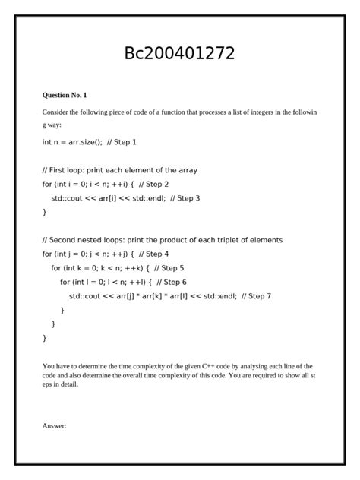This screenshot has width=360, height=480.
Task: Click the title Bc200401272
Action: tap(179, 54)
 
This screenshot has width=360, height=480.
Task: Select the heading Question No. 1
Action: tap(65, 95)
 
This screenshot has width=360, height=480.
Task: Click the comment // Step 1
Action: tap(122, 142)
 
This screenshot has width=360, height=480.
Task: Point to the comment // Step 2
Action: tap(154, 184)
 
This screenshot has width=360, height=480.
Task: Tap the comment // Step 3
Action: tap(185, 198)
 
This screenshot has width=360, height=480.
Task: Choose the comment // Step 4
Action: tap(154, 254)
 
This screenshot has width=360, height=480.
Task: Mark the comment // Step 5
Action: tap(169, 268)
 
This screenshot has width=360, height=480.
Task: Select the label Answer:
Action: tap(54, 425)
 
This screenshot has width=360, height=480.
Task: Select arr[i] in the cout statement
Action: tap(109, 198)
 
